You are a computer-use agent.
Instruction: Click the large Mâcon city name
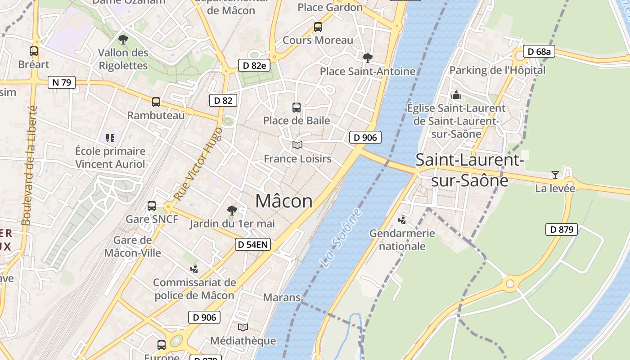tap(284, 201)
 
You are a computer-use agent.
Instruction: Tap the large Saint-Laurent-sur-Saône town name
tap(469, 170)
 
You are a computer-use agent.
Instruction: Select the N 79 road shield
tap(61, 82)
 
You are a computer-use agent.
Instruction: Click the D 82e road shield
tap(254, 65)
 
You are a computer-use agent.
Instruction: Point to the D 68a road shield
tap(539, 52)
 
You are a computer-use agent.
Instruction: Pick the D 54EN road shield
tap(253, 245)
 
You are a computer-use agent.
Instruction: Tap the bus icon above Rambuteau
tap(156, 102)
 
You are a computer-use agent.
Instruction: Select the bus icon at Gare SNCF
tap(152, 206)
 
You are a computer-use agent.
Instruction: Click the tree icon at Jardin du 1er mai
tap(232, 210)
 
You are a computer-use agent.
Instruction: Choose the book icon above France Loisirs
tap(297, 145)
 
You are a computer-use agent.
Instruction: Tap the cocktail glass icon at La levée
tap(555, 175)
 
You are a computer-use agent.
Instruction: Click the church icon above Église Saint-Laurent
tap(456, 95)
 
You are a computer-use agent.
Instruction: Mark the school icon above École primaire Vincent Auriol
tap(110, 138)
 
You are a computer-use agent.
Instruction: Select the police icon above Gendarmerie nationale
tap(402, 220)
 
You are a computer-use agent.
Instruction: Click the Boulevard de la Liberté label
tap(29, 166)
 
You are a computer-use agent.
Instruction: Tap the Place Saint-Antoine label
tap(368, 72)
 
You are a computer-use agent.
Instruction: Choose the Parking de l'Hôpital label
tap(497, 70)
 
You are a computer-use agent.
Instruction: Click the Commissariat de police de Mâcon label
tap(194, 289)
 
